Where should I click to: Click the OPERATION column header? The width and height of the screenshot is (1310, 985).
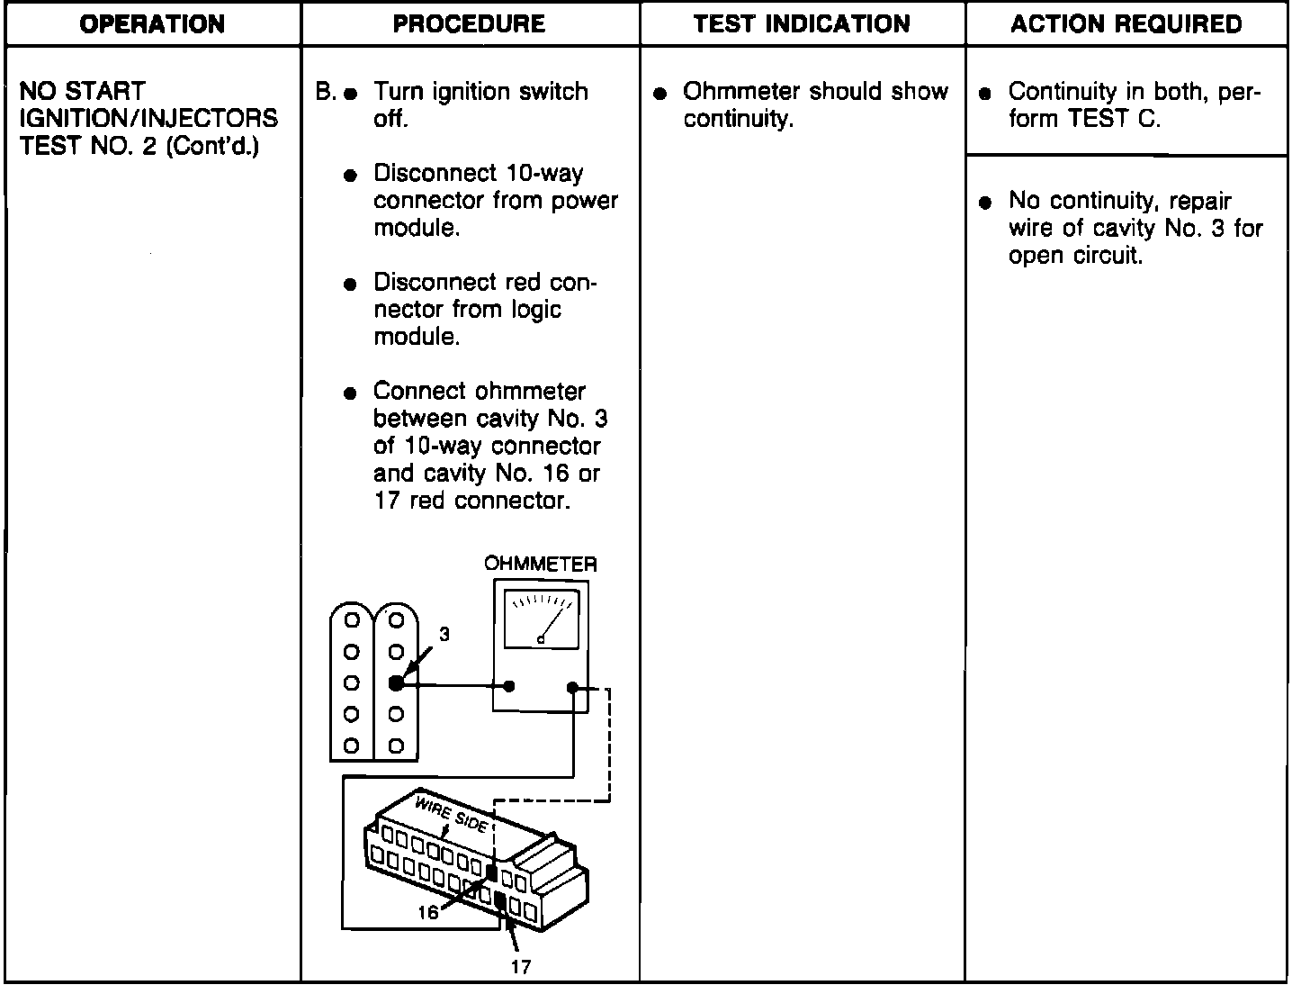[152, 24]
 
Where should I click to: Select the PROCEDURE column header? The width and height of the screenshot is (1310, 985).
[469, 24]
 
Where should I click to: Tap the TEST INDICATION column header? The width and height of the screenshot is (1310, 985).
[802, 24]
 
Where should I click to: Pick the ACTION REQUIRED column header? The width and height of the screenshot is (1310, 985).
[1126, 24]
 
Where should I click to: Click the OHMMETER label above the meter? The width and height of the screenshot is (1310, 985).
[540, 564]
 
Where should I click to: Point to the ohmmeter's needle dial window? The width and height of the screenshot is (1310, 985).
[540, 619]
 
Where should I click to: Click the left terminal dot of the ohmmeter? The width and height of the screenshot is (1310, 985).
[509, 686]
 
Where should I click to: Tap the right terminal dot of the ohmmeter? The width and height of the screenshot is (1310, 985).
[572, 687]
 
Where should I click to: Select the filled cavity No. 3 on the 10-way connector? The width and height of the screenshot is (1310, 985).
[396, 684]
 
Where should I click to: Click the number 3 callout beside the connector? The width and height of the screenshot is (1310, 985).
[444, 635]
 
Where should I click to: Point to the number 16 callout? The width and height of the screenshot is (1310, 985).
[427, 912]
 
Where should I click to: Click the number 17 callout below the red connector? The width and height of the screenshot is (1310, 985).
[520, 968]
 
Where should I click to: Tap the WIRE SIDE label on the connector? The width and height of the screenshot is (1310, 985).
[450, 813]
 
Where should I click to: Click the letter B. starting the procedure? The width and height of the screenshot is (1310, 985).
[325, 92]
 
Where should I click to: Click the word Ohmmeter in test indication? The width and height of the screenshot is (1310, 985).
[741, 92]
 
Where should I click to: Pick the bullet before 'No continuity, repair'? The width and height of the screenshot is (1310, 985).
[985, 202]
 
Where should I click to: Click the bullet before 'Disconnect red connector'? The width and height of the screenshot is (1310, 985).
[351, 285]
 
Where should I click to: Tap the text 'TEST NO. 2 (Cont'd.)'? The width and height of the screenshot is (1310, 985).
[139, 146]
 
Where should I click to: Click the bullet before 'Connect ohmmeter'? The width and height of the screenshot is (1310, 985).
[351, 393]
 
